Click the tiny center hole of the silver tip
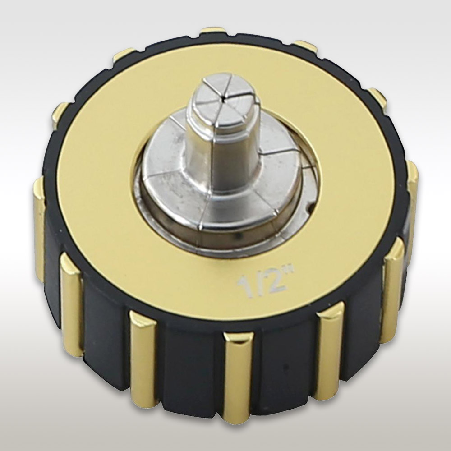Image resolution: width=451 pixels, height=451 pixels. (223, 101)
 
